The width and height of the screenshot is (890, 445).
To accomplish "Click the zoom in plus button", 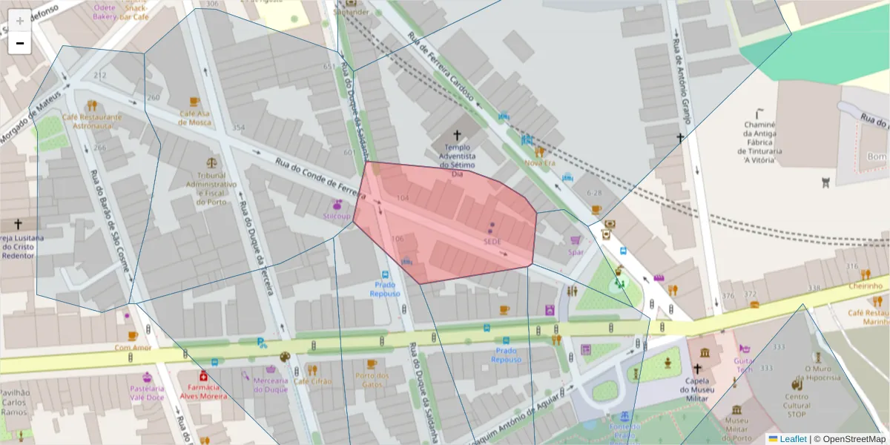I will [20, 20].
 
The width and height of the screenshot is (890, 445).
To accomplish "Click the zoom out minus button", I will [20, 43].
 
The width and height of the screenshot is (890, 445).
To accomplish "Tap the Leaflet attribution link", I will [792, 439].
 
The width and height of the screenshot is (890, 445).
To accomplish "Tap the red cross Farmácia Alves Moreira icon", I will [203, 376].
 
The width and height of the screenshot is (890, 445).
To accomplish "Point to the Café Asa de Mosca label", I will [195, 118].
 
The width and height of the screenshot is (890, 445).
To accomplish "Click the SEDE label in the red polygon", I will [492, 241].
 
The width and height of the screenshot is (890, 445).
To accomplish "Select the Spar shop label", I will [576, 251].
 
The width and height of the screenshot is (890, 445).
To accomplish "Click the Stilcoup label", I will [337, 216].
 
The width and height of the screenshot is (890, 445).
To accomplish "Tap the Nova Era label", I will [539, 162].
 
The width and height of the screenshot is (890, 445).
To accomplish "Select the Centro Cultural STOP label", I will [797, 400].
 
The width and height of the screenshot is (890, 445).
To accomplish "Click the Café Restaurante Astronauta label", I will [92, 122].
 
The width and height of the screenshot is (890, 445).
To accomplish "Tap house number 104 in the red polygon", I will [403, 198].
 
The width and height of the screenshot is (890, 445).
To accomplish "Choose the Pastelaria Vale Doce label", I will [147, 392].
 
